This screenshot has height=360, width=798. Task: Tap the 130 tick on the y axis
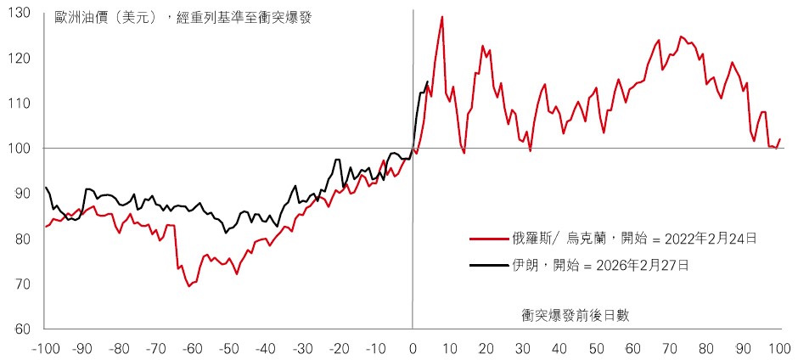[x=20, y=14]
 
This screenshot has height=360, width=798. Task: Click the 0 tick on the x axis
[x=413, y=347]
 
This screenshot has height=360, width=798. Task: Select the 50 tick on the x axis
[x=597, y=347]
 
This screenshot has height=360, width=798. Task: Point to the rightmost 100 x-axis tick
[x=780, y=347]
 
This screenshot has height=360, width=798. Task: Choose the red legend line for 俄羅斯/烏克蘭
[x=489, y=239]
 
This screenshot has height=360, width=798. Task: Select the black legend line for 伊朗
[x=489, y=266]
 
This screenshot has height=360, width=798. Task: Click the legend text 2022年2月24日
[x=703, y=239]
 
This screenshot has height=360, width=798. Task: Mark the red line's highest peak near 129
[x=442, y=17]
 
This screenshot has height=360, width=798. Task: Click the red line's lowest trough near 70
[x=188, y=286]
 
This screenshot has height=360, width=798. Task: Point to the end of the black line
[x=427, y=82]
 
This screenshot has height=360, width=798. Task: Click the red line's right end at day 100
[x=780, y=139]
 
